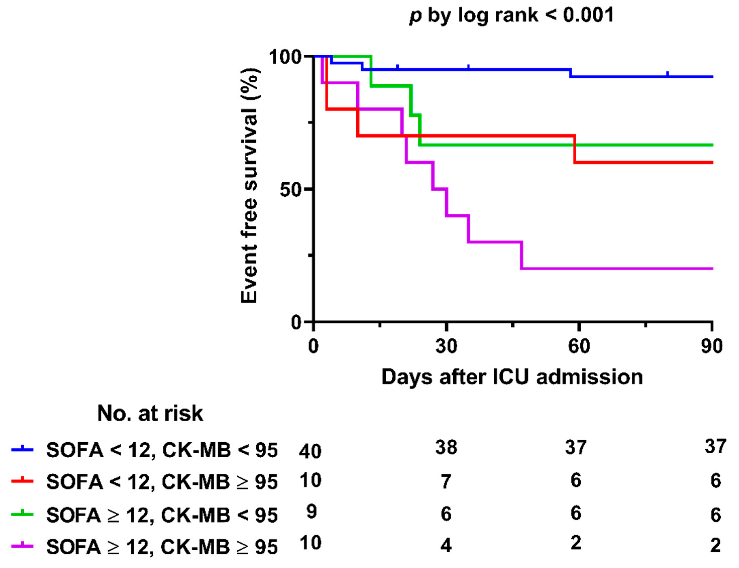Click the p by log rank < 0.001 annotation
pos(511,16)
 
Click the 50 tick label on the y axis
pos(290,190)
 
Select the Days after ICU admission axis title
pos(512,377)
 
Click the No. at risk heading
pos(150,413)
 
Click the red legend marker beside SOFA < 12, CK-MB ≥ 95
pos(22,480)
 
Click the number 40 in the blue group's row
pos(310,451)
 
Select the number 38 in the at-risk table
pos(446,447)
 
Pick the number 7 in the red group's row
pos(446,481)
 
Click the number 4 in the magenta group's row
pos(446,545)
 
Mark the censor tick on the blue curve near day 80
pos(667,74)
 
